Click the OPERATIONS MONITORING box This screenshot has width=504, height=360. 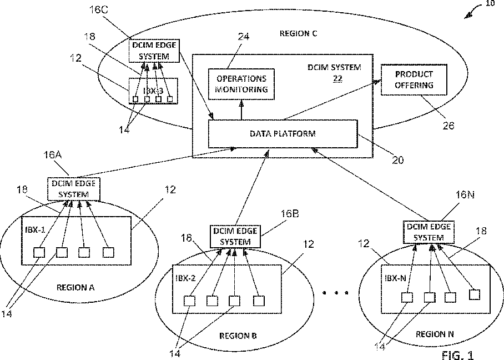click(x=241, y=83)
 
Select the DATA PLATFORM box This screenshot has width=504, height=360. click(x=283, y=134)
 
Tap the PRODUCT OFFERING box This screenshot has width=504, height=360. click(x=414, y=80)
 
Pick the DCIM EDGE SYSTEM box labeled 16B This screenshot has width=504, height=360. click(x=236, y=236)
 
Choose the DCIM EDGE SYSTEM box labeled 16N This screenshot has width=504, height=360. click(x=428, y=232)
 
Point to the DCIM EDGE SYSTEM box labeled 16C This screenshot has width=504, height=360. click(x=154, y=51)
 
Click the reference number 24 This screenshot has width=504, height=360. click(x=243, y=37)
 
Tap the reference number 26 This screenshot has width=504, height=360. click(x=448, y=126)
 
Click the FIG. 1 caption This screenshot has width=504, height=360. click(x=458, y=354)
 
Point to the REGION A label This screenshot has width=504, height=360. click(x=76, y=287)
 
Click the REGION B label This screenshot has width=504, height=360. click(x=238, y=336)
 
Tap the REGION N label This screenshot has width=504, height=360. click(x=435, y=334)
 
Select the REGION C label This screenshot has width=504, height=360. click(x=298, y=34)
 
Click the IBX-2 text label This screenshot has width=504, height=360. click(x=185, y=278)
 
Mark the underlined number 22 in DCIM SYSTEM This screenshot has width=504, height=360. click(x=337, y=79)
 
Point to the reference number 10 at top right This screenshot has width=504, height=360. click(x=490, y=4)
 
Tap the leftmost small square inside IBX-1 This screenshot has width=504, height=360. click(x=39, y=252)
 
